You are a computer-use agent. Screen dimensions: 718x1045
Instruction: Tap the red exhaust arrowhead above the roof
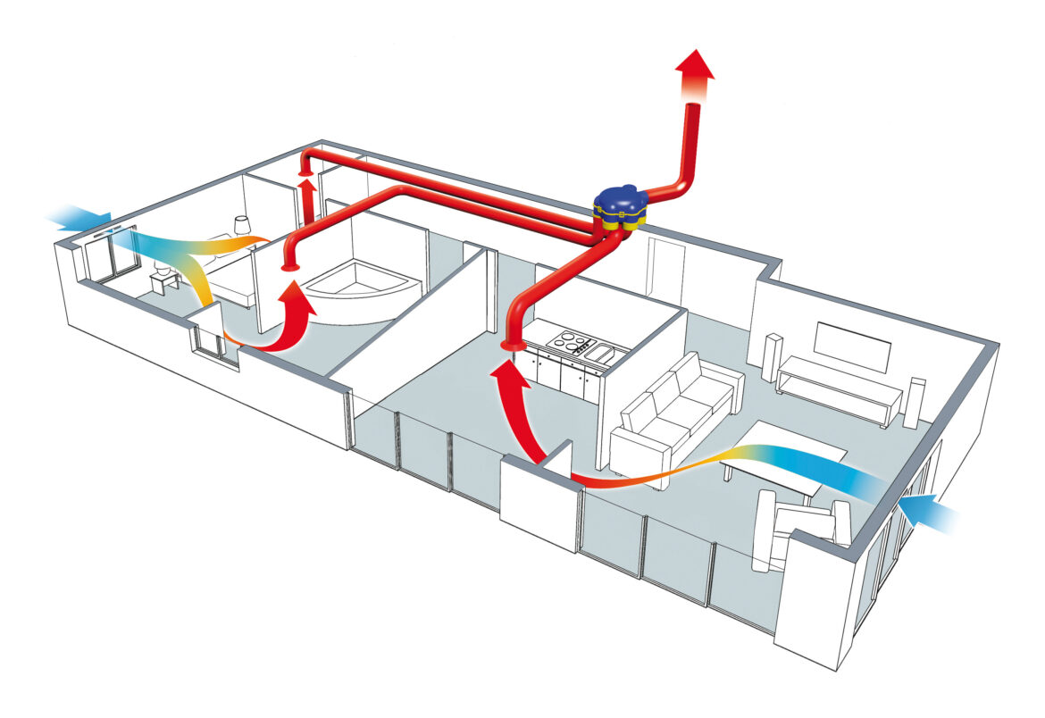pyautogui.click(x=694, y=64)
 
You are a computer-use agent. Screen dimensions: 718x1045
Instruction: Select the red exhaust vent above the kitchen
pyautogui.click(x=514, y=345)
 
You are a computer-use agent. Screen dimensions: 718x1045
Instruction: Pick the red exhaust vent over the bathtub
pyautogui.click(x=289, y=265)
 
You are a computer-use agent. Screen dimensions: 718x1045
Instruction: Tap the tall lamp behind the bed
pyautogui.click(x=239, y=227)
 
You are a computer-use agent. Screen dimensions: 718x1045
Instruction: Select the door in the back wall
pyautogui.click(x=665, y=268)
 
